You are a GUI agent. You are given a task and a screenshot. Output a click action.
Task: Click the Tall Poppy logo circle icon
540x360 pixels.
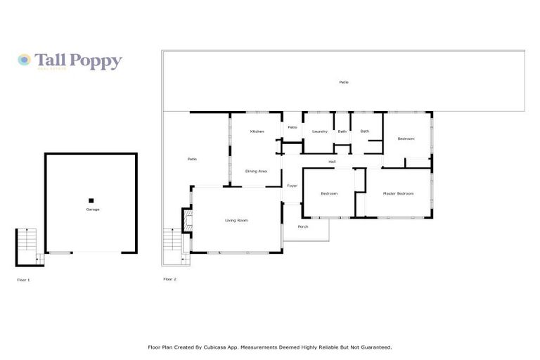pyautogui.click(x=24, y=60)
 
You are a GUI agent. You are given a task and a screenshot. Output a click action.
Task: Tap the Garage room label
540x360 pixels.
pyautogui.click(x=92, y=210)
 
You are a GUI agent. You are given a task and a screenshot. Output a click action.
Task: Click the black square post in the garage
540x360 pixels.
pyautogui.click(x=91, y=200)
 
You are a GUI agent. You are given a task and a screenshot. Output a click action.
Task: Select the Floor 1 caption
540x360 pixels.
pyautogui.click(x=23, y=280)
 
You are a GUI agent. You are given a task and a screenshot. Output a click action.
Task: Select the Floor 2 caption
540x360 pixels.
pyautogui.click(x=169, y=279)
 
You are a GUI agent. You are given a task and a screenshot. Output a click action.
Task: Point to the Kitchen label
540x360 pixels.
pyautogui.click(x=257, y=131)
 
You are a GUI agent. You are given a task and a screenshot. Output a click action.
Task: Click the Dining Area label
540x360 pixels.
pyautogui.click(x=255, y=171)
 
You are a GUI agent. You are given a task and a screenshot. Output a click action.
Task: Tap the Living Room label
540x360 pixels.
pyautogui.click(x=236, y=220)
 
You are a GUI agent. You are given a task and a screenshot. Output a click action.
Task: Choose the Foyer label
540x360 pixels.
pyautogui.click(x=292, y=186)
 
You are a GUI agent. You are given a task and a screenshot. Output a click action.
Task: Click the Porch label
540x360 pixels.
pyautogui.click(x=303, y=226)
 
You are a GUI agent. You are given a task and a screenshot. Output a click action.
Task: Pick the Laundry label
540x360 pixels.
pyautogui.click(x=320, y=131)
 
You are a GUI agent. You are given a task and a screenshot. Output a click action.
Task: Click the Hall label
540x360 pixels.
pyautogui.click(x=332, y=162)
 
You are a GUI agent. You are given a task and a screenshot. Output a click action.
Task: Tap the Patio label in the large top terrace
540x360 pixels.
pyautogui.click(x=344, y=82)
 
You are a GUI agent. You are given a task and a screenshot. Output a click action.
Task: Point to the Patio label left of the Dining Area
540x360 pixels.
pyautogui.click(x=192, y=159)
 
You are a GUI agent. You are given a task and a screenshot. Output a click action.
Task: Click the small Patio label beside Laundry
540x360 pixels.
pyautogui.click(x=292, y=127)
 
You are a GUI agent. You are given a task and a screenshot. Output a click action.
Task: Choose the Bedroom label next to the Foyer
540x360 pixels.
pyautogui.click(x=329, y=193)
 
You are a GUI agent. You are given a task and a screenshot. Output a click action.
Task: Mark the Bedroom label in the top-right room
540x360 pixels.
pyautogui.click(x=406, y=139)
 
